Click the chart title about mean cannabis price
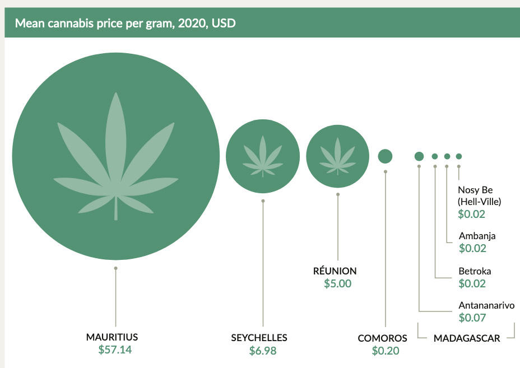point(125,24)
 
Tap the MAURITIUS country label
point(112,337)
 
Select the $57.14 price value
point(116,350)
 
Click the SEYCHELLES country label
point(259,338)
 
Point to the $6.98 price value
point(263,351)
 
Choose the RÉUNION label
point(335,271)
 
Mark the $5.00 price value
point(337,283)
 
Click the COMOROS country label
point(382,338)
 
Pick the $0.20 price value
point(386,351)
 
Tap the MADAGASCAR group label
point(466,338)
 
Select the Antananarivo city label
point(486,306)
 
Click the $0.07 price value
point(472,318)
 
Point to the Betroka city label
point(475,271)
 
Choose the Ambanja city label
point(477,236)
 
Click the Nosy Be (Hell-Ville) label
point(479,195)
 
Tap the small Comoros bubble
point(385,156)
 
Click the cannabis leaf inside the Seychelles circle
point(263,156)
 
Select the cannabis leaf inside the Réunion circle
point(337,156)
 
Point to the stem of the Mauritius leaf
point(116,208)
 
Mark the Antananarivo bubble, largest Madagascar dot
point(419,156)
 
